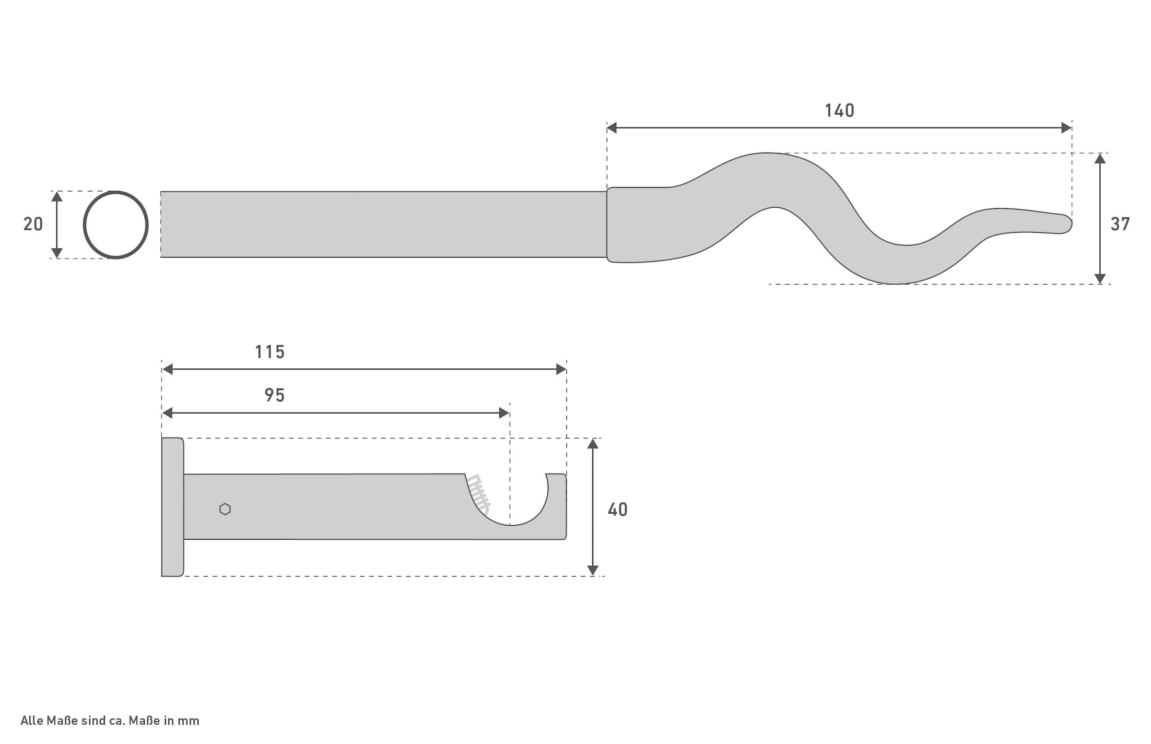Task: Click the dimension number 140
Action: (839, 111)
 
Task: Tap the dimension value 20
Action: (33, 224)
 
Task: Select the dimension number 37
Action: (1120, 224)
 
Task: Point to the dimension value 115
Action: (270, 352)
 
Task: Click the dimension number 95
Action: (274, 395)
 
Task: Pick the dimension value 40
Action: (617, 510)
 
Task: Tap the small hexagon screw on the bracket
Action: (225, 509)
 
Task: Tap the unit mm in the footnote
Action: (188, 720)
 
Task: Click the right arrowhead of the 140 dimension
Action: (1066, 128)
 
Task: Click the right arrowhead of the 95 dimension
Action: (504, 413)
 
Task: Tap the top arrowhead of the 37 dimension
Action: (1100, 159)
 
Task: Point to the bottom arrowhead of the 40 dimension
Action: (593, 570)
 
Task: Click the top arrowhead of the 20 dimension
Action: (57, 197)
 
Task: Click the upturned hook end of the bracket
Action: (556, 502)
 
